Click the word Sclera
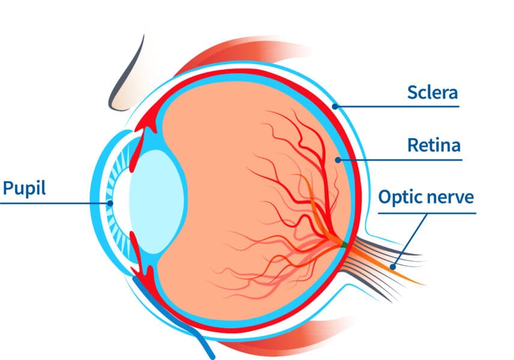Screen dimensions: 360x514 tap(432, 92)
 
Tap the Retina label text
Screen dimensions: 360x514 tap(434, 145)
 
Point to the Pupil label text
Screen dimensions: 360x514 tap(25, 188)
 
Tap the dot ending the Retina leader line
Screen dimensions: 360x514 tap(339, 160)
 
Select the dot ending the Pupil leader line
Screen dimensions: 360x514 tap(109, 203)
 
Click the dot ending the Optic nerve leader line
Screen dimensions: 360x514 tap(393, 266)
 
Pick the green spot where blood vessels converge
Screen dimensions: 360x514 tap(343, 244)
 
